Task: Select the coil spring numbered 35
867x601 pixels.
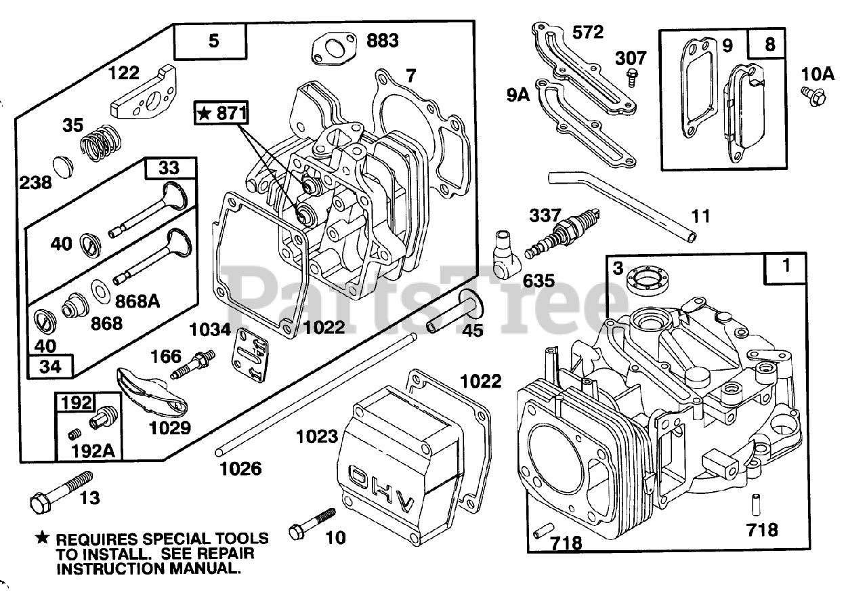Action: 99,143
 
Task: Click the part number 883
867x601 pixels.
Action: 383,41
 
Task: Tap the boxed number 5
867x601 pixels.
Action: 213,41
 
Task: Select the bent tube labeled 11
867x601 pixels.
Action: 623,200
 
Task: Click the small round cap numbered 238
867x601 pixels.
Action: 62,165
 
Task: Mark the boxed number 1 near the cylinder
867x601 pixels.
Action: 786,267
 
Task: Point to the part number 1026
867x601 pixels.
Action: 242,469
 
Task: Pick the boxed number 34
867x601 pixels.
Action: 51,367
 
